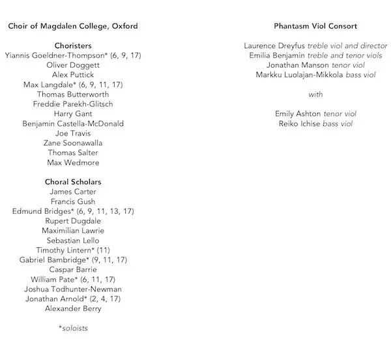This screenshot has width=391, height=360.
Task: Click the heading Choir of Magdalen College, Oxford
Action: (x=73, y=26)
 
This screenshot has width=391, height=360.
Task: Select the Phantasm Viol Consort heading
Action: (x=316, y=26)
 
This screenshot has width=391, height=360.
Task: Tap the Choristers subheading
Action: (x=73, y=46)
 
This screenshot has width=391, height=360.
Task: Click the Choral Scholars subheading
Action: (x=73, y=181)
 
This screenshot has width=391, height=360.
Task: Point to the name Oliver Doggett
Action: (x=73, y=65)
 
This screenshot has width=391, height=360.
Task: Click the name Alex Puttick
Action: (x=73, y=75)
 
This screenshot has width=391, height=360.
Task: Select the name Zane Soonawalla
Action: (x=73, y=143)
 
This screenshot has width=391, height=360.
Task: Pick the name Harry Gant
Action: (x=73, y=113)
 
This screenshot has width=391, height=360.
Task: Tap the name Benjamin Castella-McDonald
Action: (x=73, y=123)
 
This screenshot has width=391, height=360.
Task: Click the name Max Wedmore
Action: (x=73, y=162)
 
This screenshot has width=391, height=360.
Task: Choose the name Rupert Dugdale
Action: (x=73, y=220)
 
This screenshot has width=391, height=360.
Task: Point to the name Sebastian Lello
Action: (x=73, y=240)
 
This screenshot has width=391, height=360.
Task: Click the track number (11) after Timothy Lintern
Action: (x=103, y=250)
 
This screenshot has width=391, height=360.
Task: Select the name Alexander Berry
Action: (x=73, y=308)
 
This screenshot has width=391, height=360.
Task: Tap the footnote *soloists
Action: (x=73, y=328)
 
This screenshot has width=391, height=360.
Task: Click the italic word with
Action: (x=316, y=95)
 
